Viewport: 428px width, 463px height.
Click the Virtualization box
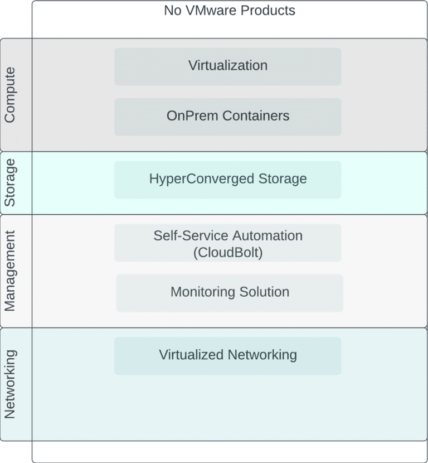point(227,66)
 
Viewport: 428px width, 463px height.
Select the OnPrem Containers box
point(227,117)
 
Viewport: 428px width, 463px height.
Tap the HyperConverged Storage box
point(227,180)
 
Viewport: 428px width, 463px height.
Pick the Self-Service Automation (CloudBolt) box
point(227,243)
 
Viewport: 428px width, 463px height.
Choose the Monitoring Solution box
point(229,292)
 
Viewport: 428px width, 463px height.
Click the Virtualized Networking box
point(227,355)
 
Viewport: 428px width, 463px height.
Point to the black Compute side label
point(16,94)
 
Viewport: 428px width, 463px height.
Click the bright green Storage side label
point(16,182)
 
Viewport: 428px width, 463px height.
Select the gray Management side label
point(16,271)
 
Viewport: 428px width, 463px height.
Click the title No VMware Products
point(229,11)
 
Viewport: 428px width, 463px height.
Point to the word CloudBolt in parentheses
point(228,252)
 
